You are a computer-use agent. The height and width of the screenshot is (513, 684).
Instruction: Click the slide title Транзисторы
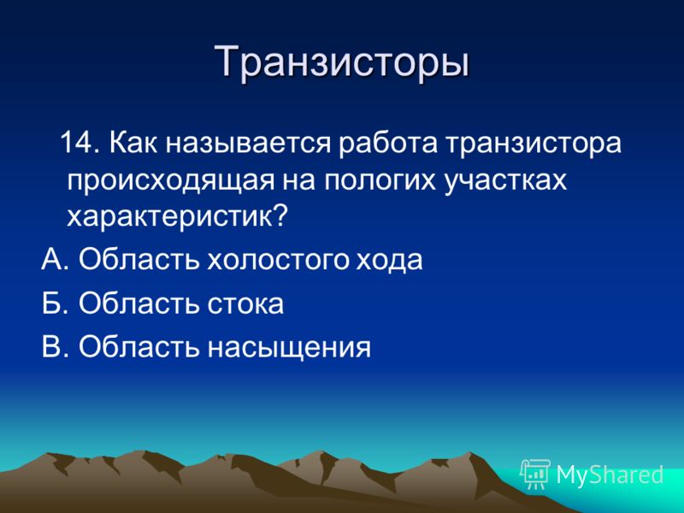(342, 62)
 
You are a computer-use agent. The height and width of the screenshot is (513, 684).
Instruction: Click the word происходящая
(170, 180)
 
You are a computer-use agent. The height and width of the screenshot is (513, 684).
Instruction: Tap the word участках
(505, 180)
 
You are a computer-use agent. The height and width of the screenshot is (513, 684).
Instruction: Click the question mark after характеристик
(280, 215)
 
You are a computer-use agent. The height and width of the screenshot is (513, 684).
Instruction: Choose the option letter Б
(51, 304)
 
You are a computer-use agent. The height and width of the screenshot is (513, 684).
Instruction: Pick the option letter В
(51, 347)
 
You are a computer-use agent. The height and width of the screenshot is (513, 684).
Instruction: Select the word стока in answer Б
(245, 304)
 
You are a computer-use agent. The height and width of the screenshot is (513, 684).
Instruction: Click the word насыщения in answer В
(289, 348)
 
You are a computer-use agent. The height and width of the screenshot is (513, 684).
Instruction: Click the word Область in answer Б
(139, 304)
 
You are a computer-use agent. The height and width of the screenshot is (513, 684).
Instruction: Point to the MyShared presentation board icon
(535, 475)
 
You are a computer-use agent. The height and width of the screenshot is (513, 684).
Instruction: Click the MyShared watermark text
(610, 475)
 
